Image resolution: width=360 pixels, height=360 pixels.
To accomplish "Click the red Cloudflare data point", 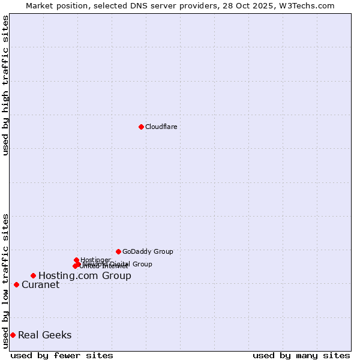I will coord(141,127).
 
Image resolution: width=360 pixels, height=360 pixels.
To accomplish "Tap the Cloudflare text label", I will coord(161,127).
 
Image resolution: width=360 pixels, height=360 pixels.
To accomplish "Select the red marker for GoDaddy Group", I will coord(118,251).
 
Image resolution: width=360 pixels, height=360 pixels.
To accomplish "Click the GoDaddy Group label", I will coord(148,251).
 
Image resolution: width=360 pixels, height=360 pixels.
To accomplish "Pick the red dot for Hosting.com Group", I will coord(33,275).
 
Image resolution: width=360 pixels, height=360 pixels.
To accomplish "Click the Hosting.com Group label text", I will coord(85,276).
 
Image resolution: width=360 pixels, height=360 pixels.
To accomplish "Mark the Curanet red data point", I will coord(16,284).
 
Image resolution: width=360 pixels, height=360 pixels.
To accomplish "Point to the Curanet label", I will coord(40,285).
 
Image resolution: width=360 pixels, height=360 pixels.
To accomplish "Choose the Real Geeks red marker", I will coord(13,335).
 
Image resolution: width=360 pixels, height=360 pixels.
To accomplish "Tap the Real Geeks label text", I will coord(44,335).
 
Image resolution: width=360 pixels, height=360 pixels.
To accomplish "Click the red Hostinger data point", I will coord(76,260).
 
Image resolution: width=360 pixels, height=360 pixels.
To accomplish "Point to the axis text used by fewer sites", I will coord(62,355).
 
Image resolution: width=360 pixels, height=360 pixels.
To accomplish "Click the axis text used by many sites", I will coord(301,355).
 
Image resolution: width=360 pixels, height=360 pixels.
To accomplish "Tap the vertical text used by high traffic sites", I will coord(5,85).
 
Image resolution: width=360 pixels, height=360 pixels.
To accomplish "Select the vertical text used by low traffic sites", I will coord(5,280).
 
